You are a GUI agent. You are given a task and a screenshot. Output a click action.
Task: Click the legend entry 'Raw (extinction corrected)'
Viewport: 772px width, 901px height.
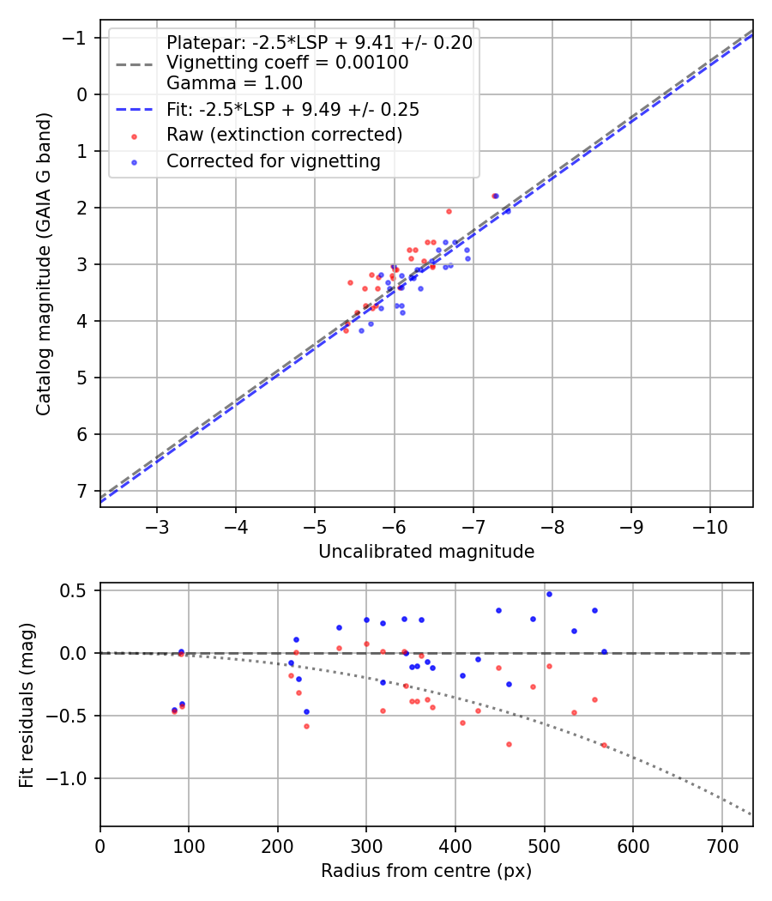[284, 135]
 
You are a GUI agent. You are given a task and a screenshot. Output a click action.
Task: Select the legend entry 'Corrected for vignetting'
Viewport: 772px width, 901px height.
[273, 160]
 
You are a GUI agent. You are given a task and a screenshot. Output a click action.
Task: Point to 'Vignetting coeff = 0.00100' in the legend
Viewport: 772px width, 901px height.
[286, 63]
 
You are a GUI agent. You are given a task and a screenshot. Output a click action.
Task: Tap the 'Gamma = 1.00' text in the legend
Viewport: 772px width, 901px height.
[234, 83]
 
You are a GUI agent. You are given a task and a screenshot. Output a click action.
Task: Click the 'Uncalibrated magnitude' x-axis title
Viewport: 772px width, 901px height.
[426, 552]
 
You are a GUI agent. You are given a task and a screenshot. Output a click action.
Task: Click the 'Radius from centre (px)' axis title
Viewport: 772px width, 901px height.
[426, 871]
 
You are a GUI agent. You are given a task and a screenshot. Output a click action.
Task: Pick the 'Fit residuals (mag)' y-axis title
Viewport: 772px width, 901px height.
[26, 704]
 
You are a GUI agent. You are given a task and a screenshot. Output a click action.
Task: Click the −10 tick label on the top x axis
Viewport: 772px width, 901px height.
[710, 526]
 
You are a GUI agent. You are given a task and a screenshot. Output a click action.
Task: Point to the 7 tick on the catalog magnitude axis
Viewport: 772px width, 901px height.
[83, 491]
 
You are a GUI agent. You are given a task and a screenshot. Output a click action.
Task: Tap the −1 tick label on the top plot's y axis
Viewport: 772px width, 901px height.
[78, 38]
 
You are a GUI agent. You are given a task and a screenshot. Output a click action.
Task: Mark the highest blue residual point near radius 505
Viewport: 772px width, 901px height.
[549, 594]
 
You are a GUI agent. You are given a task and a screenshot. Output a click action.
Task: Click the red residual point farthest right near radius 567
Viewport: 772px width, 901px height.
[603, 745]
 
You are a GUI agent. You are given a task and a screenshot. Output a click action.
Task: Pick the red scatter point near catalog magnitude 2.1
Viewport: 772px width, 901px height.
[449, 211]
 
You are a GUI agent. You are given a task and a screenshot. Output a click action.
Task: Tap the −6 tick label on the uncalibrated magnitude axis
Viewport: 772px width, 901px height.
[394, 526]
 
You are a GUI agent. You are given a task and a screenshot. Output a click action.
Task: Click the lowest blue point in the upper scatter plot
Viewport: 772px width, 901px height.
[361, 330]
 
